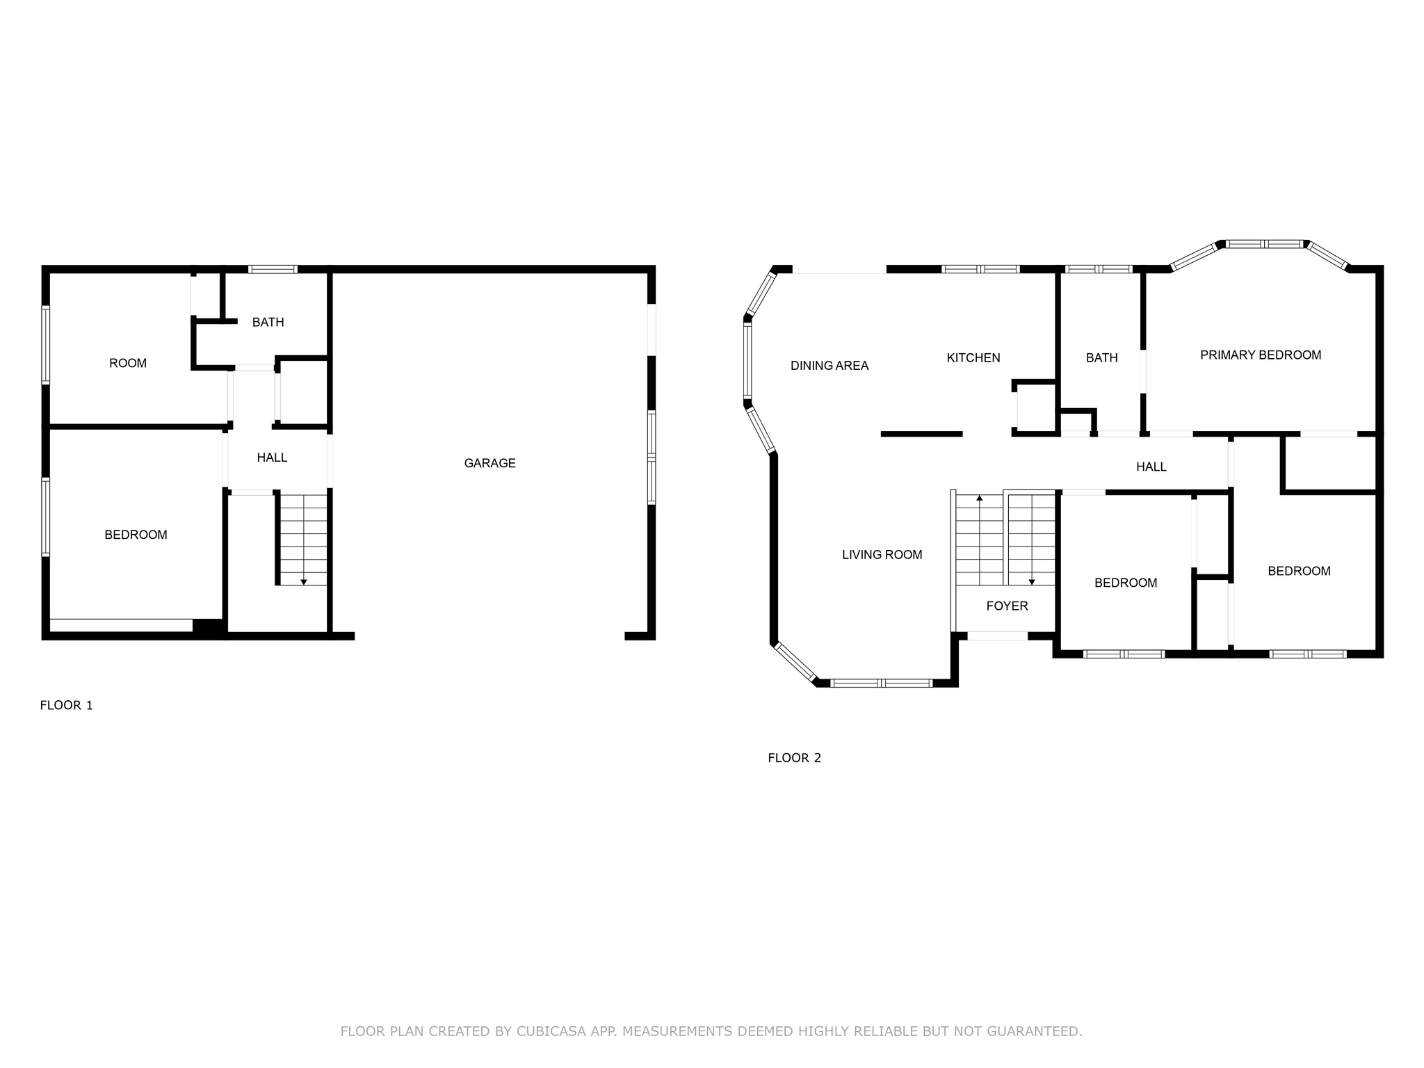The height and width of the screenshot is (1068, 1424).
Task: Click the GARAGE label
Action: click(x=489, y=463)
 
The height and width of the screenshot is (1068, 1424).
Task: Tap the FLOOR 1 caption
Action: click(x=66, y=705)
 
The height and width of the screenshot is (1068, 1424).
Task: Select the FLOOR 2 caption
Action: click(x=794, y=758)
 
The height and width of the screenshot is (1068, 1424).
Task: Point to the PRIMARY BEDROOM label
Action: click(x=1261, y=355)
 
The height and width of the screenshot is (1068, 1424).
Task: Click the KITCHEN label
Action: click(x=973, y=358)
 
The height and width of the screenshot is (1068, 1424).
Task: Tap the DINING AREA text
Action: click(x=830, y=366)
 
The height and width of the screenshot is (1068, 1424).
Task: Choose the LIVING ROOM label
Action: click(x=882, y=555)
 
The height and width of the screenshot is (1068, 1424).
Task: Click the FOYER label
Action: click(x=1007, y=606)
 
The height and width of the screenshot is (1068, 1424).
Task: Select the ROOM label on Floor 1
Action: click(x=128, y=363)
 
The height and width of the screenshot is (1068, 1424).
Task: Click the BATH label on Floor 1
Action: click(x=268, y=323)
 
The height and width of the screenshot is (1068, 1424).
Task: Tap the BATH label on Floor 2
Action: click(x=1101, y=358)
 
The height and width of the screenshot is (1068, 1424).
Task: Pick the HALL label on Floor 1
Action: click(x=272, y=458)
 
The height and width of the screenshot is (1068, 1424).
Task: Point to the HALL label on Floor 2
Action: click(x=1151, y=467)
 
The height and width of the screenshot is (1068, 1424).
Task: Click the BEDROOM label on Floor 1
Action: click(x=136, y=535)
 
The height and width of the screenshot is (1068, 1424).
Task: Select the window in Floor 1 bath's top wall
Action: click(x=273, y=269)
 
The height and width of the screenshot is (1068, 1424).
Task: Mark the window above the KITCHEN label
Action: click(x=980, y=269)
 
